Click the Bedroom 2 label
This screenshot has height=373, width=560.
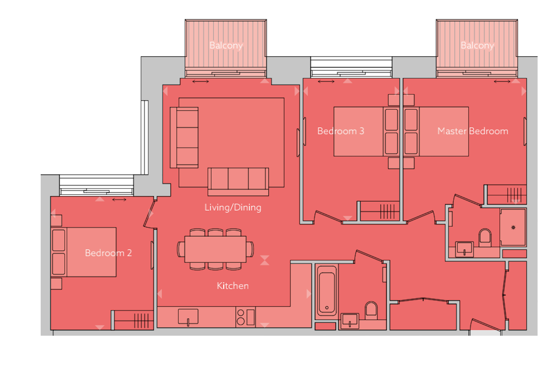coord(108,253)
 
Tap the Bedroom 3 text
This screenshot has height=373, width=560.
coord(340,131)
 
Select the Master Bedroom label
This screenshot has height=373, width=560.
coord(473,131)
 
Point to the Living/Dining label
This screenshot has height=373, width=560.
coord(233,207)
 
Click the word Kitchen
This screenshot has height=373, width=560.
coord(233,286)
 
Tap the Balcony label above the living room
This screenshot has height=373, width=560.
coord(226,46)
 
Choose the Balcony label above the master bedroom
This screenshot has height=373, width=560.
coord(477,46)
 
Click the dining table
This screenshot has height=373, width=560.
coord(215,249)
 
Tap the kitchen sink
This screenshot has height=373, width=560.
coord(188,317)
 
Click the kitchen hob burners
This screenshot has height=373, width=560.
coord(241,317)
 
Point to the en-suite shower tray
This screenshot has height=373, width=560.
coord(513,228)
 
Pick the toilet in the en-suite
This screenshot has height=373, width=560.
coord(485,238)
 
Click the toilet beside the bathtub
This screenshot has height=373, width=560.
coord(371,311)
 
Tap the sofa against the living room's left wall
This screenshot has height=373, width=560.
coord(184,137)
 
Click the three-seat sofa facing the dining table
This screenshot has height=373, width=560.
coord(238,182)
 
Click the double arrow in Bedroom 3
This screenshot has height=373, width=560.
coord(326,81)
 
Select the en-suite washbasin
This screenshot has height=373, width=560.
coord(464,249)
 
